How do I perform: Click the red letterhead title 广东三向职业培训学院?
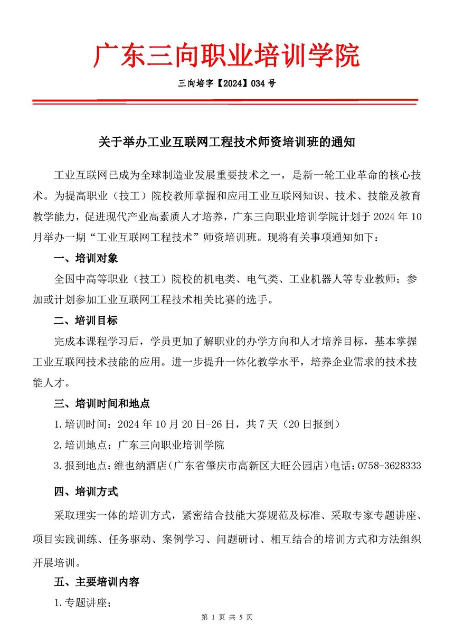[x=227, y=56]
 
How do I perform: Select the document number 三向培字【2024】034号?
[x=227, y=83]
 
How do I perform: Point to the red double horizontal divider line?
[x=227, y=101]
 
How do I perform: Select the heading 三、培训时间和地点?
[x=102, y=403]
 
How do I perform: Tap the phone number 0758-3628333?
[x=389, y=466]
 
